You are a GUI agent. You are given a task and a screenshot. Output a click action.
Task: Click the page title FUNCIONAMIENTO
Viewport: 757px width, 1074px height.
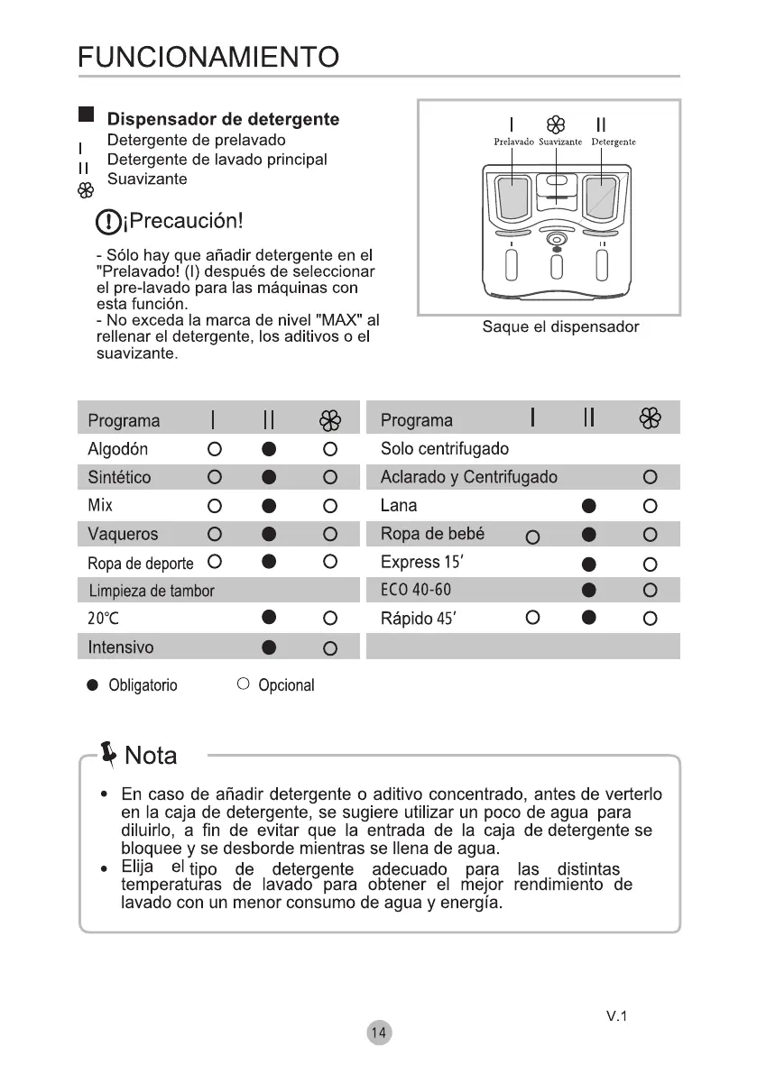[x=208, y=59]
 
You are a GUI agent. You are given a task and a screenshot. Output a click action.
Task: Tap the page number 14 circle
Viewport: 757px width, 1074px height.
[x=380, y=1033]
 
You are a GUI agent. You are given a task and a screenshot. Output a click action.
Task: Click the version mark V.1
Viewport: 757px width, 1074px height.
[x=617, y=1016]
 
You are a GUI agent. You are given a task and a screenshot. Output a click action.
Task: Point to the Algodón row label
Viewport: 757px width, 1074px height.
[x=118, y=449]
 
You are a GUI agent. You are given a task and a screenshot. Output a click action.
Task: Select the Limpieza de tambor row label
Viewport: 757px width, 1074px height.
[x=152, y=592]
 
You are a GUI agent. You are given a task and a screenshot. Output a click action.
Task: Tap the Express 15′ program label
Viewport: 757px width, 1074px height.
[x=423, y=563]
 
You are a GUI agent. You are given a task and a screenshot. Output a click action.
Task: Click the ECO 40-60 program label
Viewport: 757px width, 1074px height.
[x=416, y=591]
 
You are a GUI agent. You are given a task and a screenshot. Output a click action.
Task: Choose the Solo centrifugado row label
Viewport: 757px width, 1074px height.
[x=445, y=449]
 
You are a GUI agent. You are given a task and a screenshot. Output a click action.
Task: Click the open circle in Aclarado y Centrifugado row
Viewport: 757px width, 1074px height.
[x=649, y=477]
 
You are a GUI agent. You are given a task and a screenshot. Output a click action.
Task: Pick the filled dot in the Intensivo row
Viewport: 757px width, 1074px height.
[x=269, y=647]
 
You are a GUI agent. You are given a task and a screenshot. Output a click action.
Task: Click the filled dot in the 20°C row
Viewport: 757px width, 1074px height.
[x=269, y=619]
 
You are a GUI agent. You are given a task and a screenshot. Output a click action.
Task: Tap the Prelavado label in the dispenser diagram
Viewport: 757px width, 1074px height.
[x=513, y=142]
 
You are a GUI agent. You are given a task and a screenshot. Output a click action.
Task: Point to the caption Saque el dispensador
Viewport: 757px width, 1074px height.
[x=560, y=327]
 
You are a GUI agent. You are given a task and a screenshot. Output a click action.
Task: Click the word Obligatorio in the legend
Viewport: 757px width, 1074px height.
[x=143, y=685]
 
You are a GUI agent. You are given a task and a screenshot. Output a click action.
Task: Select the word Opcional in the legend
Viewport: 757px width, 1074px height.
[x=286, y=685]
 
